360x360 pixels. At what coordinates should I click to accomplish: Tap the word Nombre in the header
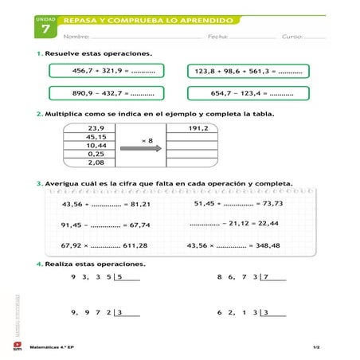76,37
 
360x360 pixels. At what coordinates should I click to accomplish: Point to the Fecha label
218,37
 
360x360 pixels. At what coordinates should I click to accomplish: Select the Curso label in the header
292,37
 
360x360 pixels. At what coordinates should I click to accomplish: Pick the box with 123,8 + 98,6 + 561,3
248,71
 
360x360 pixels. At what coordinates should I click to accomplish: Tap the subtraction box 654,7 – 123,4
248,93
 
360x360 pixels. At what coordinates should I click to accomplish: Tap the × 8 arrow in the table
141,146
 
